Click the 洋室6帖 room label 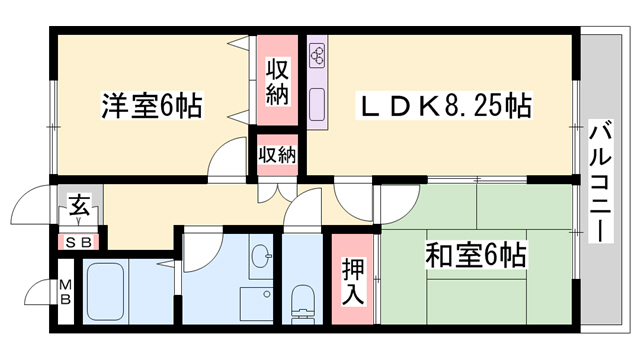[150, 105]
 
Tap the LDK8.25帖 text [445, 104]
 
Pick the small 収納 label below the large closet [277, 154]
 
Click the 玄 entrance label [78, 210]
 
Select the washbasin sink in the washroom [261, 257]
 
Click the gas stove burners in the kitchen [319, 56]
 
